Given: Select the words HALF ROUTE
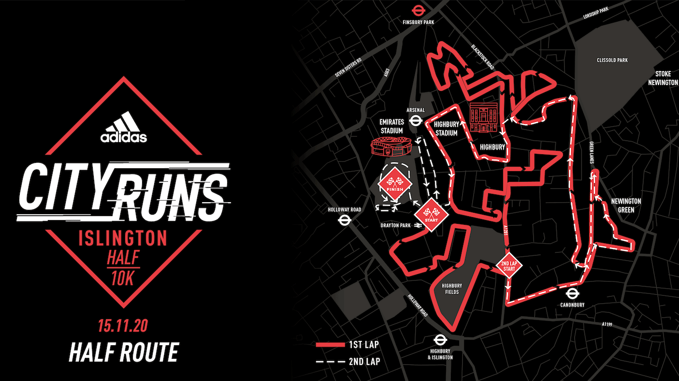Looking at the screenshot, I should coord(123,352).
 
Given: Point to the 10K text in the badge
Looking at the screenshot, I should coord(123,279).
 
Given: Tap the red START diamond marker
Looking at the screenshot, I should coord(430,213).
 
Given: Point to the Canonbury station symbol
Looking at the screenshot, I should coord(572,293).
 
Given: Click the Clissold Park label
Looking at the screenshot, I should coord(611,60).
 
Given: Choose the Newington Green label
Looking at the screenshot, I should coord(625,205).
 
